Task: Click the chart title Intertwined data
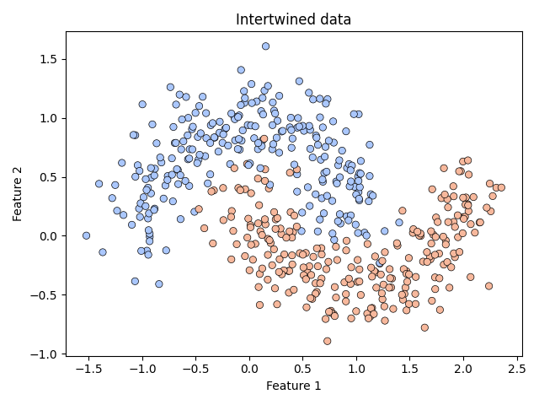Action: (293, 19)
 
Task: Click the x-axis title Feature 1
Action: (293, 386)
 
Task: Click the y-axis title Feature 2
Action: (17, 195)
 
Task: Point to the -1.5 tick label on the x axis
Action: (86, 369)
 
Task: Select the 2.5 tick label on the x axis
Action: (516, 369)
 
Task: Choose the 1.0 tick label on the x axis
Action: (356, 369)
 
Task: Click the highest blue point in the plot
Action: (265, 46)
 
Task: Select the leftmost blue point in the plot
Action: (86, 235)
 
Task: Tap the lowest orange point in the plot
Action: (327, 341)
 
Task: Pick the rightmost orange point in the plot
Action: (501, 187)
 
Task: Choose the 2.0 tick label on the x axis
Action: (463, 369)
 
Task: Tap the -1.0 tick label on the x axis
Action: (140, 369)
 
